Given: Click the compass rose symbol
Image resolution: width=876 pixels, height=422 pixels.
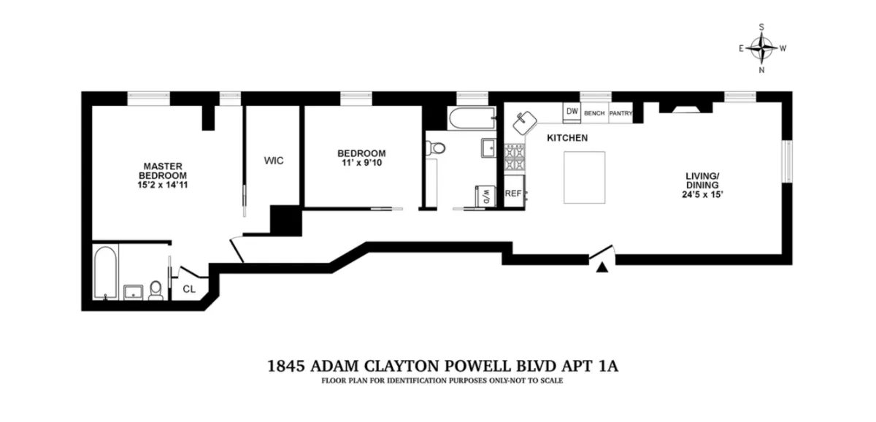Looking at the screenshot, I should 762,49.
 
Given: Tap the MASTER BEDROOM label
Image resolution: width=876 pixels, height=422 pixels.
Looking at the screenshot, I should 163,171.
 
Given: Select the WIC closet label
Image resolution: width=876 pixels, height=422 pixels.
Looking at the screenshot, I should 274,161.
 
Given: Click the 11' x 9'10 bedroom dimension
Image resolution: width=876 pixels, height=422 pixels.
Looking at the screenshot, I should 361,164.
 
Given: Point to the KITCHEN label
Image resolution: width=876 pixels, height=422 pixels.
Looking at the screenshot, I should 567,138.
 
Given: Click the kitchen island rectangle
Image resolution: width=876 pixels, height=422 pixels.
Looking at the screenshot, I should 584,177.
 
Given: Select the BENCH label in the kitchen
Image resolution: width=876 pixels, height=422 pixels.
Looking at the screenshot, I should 594,113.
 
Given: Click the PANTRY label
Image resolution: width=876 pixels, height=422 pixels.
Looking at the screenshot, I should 620,113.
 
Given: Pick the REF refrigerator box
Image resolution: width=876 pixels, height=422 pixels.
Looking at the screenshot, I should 513,193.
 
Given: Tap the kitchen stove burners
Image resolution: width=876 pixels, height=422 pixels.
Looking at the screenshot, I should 514,155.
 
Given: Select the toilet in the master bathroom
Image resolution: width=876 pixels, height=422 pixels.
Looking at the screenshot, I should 155,291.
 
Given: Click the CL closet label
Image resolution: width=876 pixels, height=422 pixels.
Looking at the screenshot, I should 189,289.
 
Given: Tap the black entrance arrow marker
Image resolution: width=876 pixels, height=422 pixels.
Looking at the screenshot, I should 602,268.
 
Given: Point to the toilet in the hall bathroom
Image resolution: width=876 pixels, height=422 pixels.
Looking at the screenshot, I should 437,148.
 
